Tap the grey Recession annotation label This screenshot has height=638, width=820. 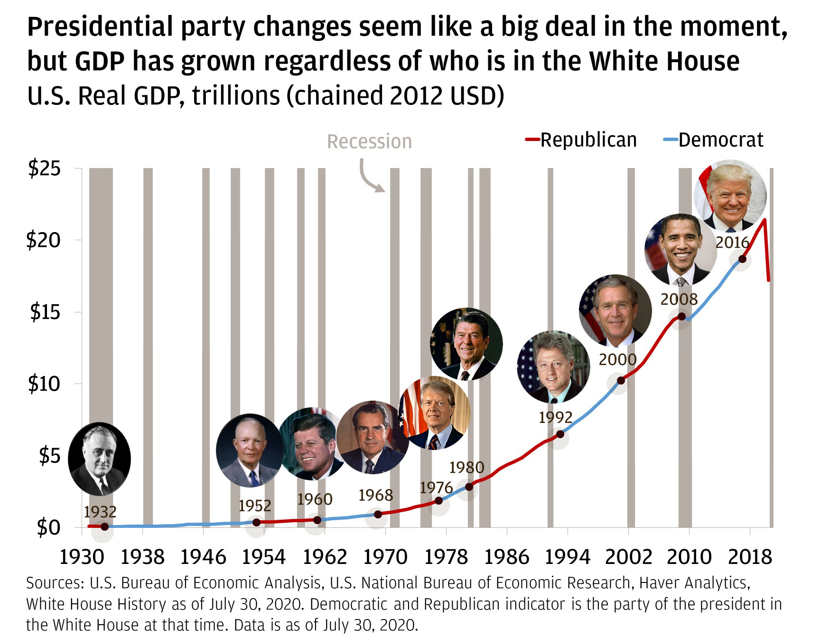(369, 141)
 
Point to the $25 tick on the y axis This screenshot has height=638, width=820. (45, 168)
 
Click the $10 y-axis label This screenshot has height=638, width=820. (45, 384)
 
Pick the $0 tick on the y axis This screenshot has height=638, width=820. (49, 527)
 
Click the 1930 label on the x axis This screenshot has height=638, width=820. (82, 557)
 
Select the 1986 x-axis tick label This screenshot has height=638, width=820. (506, 557)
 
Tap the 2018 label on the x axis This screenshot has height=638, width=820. (750, 557)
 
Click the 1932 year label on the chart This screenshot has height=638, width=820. (100, 512)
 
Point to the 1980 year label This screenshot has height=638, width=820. (466, 468)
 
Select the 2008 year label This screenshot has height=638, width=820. (679, 299)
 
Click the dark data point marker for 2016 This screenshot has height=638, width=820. (742, 259)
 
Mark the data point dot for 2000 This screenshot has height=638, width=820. (621, 380)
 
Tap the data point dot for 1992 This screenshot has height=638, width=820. (560, 434)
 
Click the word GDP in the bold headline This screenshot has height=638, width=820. (100, 61)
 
